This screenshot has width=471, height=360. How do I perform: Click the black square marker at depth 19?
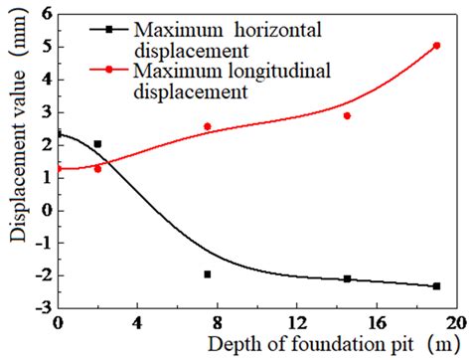(x=436, y=285)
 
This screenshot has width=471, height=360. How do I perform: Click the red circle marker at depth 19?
(x=436, y=46)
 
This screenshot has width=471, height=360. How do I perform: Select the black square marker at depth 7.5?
(x=208, y=273)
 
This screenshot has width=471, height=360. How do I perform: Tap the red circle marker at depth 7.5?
(x=208, y=126)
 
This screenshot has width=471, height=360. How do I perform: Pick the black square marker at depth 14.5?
(x=347, y=278)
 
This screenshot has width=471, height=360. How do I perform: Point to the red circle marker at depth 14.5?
(x=347, y=115)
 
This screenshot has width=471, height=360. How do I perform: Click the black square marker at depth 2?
(x=97, y=144)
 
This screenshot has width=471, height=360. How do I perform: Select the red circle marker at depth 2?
(x=97, y=169)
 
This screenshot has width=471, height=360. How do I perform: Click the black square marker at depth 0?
(x=58, y=133)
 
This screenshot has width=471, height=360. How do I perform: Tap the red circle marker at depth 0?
(x=58, y=169)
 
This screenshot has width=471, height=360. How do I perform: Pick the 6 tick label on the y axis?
(x=44, y=15)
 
